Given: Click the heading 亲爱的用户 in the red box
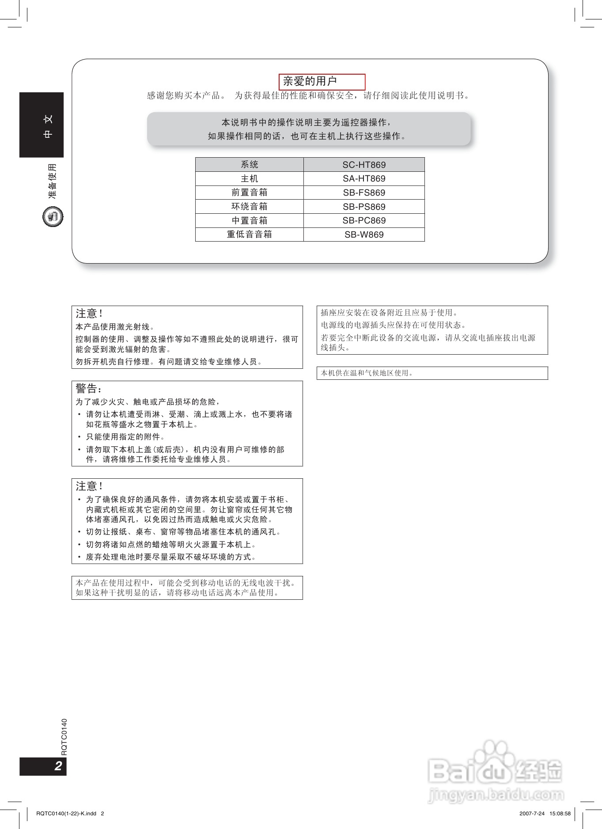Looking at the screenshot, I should click(x=310, y=81).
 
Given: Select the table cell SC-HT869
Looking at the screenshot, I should click(x=364, y=165).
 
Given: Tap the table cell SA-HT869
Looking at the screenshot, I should click(x=364, y=178).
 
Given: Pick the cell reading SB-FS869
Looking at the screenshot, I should click(x=364, y=193).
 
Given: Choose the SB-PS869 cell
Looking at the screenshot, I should click(x=364, y=207).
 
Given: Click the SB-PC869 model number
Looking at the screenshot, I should click(x=364, y=220).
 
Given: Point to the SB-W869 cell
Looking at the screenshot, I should click(x=364, y=235).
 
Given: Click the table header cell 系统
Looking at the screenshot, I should click(x=249, y=165).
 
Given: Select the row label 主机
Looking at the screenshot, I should click(x=249, y=178).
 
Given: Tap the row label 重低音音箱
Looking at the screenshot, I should click(x=249, y=235).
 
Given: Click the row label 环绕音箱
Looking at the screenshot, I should click(x=249, y=207).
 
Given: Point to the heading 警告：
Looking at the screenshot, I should click(x=89, y=389).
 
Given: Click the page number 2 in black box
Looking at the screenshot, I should click(x=58, y=766).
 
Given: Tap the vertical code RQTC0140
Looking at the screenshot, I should click(x=64, y=737).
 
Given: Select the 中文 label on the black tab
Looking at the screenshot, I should click(x=48, y=126).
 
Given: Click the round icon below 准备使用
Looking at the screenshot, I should click(x=53, y=217).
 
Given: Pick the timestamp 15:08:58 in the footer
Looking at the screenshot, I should click(x=560, y=813).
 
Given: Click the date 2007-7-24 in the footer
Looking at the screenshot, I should click(x=532, y=813).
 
